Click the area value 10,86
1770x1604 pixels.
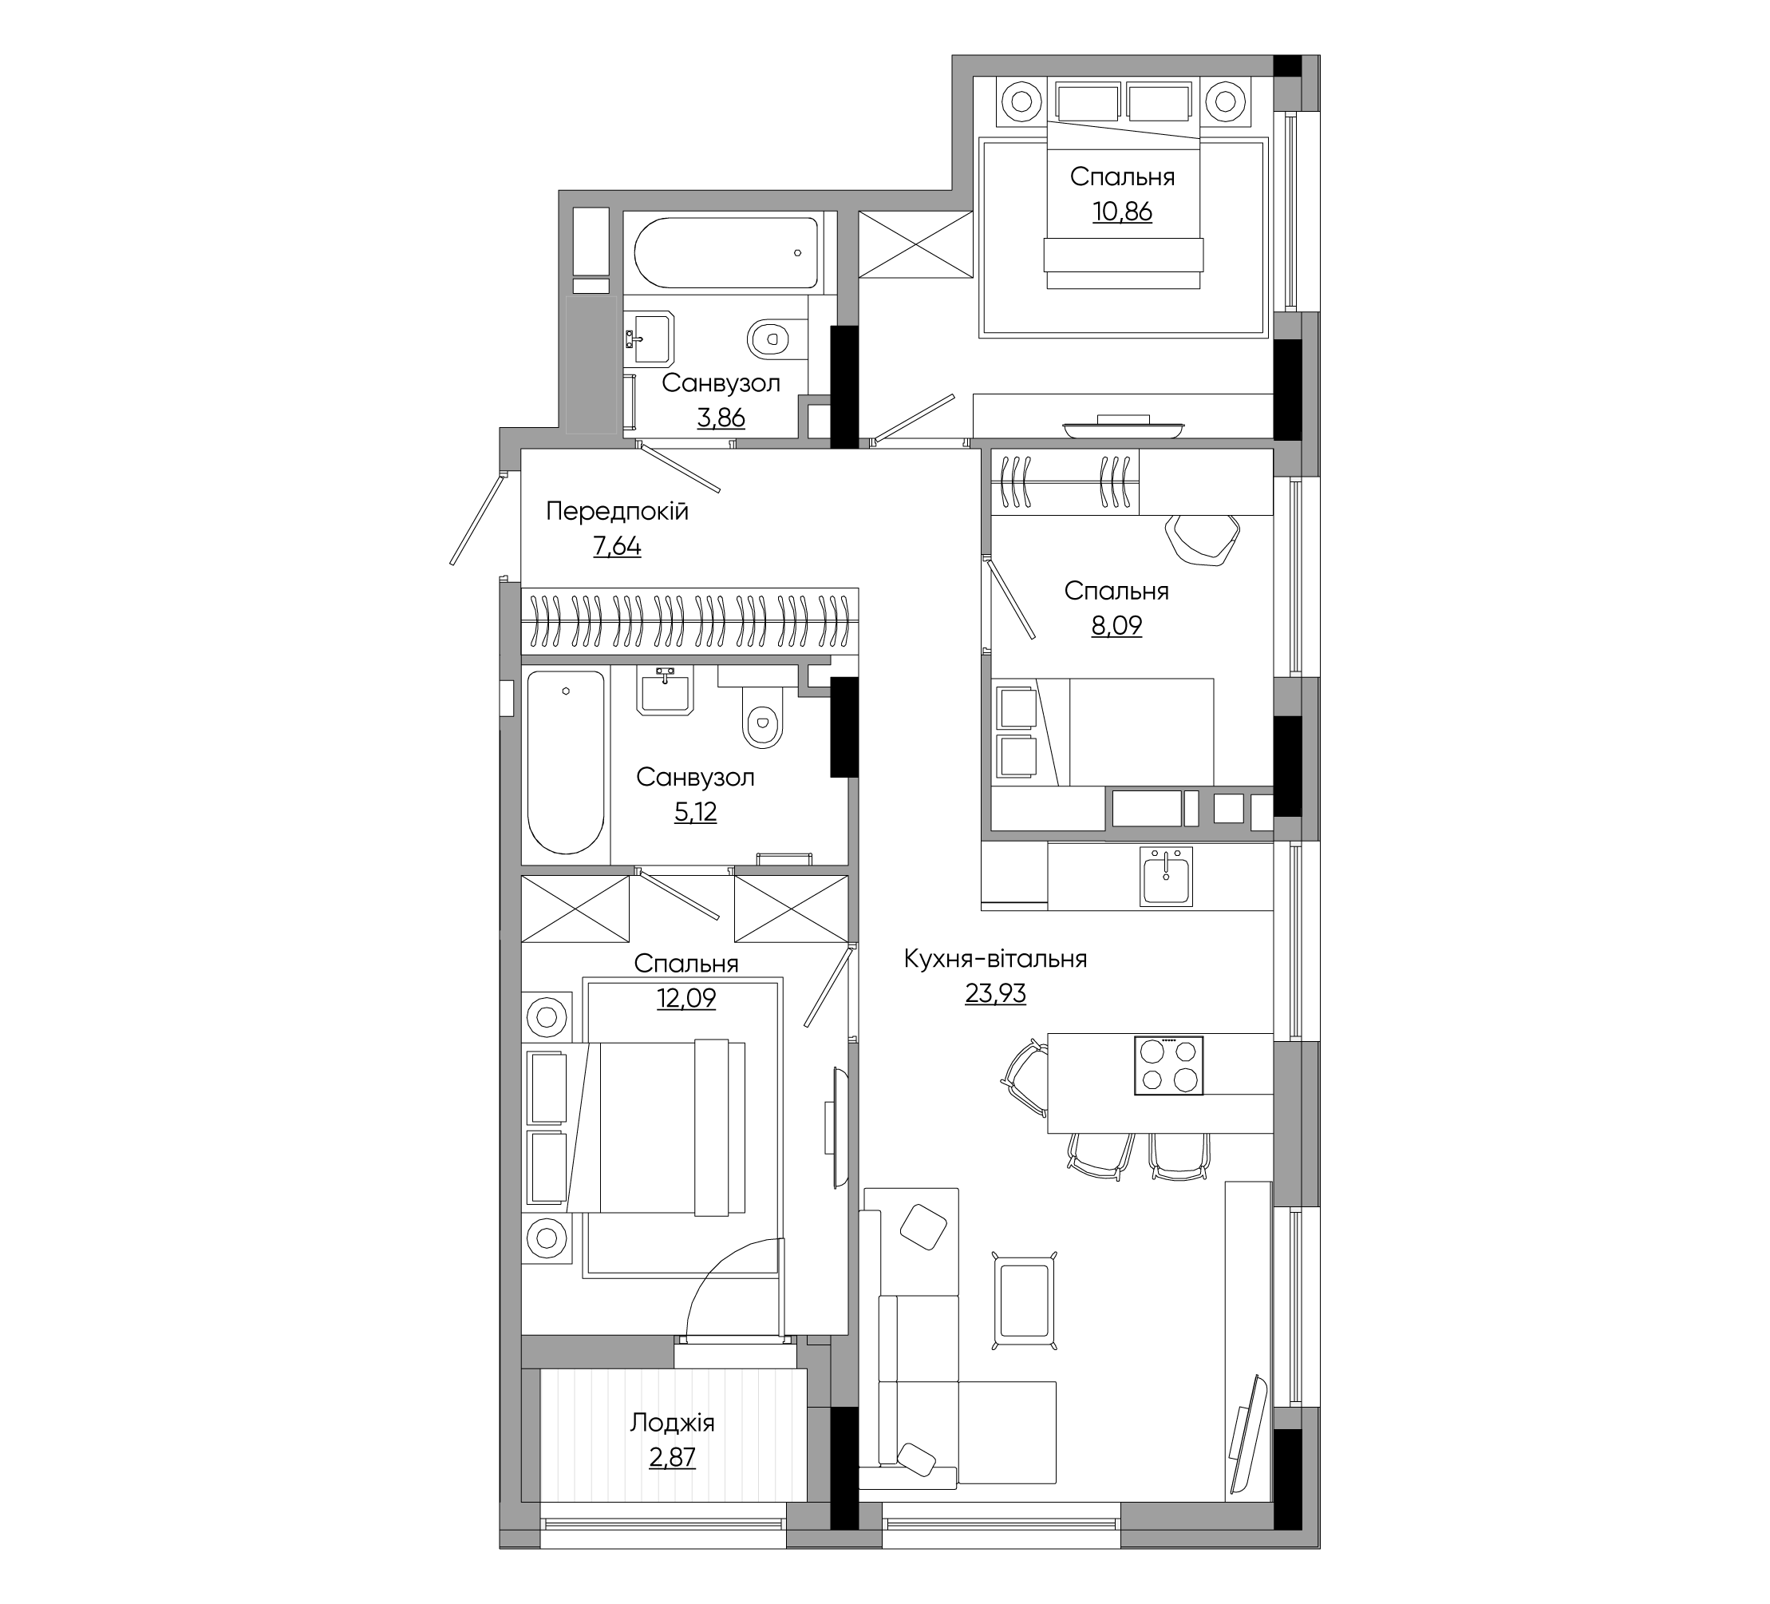(1122, 212)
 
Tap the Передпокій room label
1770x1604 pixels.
(617, 511)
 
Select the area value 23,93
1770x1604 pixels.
(996, 993)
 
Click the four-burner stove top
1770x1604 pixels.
(1168, 1066)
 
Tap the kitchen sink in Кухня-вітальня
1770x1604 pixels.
(1167, 876)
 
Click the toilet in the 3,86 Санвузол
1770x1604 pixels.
(769, 339)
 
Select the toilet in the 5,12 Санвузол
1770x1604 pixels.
(762, 717)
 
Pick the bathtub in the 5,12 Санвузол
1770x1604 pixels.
(566, 762)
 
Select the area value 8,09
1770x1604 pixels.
(1116, 625)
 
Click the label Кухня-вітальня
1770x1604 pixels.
(996, 958)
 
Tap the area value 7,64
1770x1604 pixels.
(617, 546)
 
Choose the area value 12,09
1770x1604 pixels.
(686, 998)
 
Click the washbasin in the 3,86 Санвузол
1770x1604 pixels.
(649, 337)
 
